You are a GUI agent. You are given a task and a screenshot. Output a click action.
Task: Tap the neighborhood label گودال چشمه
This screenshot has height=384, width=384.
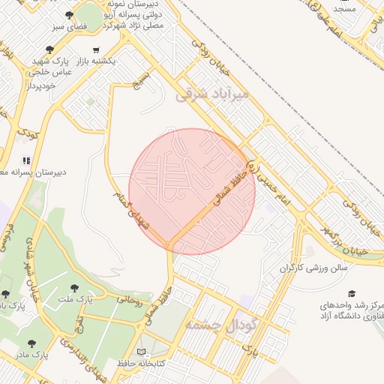coord(220,325)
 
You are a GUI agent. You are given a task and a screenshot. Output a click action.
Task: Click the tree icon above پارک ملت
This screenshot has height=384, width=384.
coord(73,288)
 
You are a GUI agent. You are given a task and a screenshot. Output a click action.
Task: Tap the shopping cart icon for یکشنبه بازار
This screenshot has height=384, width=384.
coord(95,49)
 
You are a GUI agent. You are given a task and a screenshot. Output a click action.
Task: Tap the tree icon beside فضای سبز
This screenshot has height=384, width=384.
coord(69,14)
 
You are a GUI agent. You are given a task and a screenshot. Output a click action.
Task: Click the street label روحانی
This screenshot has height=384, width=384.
coord(128,299)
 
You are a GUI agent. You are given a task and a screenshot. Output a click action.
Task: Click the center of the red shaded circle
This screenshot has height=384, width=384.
coord(192,191)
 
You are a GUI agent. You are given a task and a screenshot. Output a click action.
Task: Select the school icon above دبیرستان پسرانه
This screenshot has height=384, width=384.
coord(27,160)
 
